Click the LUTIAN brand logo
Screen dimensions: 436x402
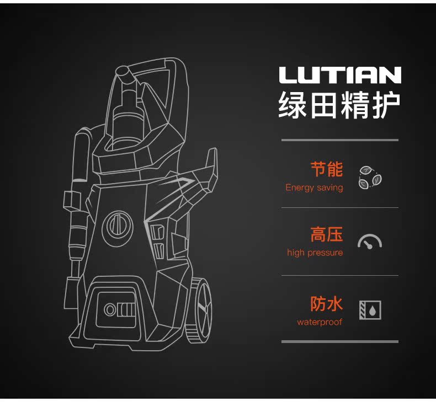tap(339, 75)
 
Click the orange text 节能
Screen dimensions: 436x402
tap(326, 169)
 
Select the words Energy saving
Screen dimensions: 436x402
tap(314, 187)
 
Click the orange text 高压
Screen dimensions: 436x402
tap(326, 234)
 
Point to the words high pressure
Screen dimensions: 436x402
tap(315, 253)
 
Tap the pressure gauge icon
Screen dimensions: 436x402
tap(370, 242)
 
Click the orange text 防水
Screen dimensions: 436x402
tap(326, 303)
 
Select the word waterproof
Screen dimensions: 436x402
tap(320, 322)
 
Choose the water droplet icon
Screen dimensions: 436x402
tap(370, 310)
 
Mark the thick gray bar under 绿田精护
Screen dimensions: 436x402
tap(339, 140)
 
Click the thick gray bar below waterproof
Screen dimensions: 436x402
tap(339, 341)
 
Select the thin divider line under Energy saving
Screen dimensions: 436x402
tap(339, 208)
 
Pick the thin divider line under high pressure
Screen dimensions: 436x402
tap(339, 275)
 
